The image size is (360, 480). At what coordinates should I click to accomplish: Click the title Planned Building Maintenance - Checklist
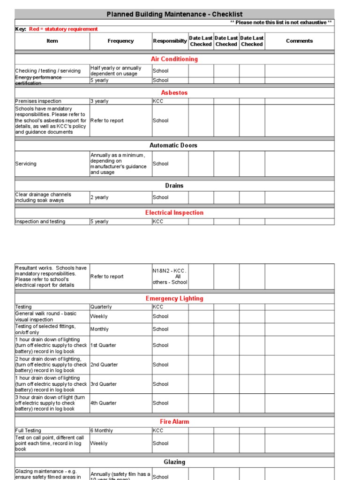[x=174, y=14]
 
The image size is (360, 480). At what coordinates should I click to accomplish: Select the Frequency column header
[x=120, y=41]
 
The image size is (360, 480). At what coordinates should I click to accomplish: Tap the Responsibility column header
[x=170, y=41]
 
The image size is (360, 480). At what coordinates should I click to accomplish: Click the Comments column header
[x=299, y=41]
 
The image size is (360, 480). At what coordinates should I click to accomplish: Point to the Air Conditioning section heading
[x=174, y=59]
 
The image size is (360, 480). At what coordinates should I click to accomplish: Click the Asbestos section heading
[x=174, y=93]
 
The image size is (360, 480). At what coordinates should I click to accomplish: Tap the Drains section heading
[x=174, y=186]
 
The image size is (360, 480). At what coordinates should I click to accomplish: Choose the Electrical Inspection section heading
[x=174, y=213]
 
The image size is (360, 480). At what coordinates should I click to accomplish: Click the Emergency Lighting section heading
[x=174, y=299]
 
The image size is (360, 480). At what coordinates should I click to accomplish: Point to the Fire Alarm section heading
[x=174, y=422]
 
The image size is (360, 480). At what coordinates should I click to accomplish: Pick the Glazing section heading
[x=174, y=462]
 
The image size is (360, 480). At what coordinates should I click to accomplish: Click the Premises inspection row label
[x=38, y=101]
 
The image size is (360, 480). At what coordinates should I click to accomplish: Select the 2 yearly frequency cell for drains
[x=99, y=197]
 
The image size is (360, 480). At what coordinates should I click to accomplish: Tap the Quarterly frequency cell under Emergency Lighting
[x=101, y=307]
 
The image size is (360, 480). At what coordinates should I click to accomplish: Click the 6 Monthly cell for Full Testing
[x=101, y=430]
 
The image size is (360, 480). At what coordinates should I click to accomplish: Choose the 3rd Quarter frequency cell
[x=104, y=384]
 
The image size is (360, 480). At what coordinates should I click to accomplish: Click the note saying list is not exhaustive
[x=281, y=22]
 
